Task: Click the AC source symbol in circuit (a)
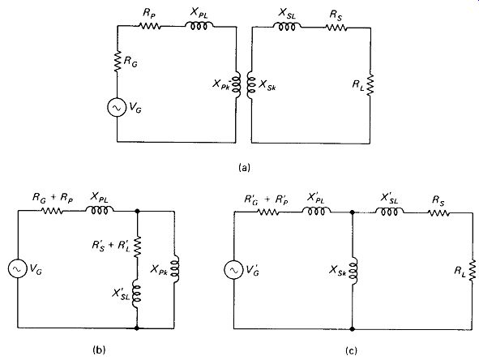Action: pyautogui.click(x=117, y=107)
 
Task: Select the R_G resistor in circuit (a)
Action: pyautogui.click(x=117, y=62)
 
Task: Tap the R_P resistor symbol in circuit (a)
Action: pyautogui.click(x=150, y=26)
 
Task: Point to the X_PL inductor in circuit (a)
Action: pyautogui.click(x=199, y=26)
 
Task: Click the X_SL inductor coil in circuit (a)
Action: pyautogui.click(x=287, y=27)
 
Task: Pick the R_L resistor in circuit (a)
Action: pyautogui.click(x=370, y=84)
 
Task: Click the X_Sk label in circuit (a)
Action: pyautogui.click(x=267, y=84)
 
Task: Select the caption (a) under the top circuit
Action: pyautogui.click(x=244, y=168)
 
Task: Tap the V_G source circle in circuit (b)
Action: pyautogui.click(x=17, y=268)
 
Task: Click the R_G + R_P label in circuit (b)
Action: pyautogui.click(x=53, y=198)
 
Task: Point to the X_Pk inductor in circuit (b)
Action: pyautogui.click(x=174, y=268)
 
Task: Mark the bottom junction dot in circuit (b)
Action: pyautogui.click(x=137, y=328)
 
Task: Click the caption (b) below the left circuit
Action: pyautogui.click(x=99, y=350)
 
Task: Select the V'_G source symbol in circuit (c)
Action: pyautogui.click(x=233, y=270)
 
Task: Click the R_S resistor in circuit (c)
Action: pyautogui.click(x=438, y=212)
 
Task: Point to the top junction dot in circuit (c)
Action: pyautogui.click(x=353, y=212)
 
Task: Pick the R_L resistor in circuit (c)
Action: pyautogui.click(x=473, y=270)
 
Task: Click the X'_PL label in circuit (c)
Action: pyautogui.click(x=316, y=199)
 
